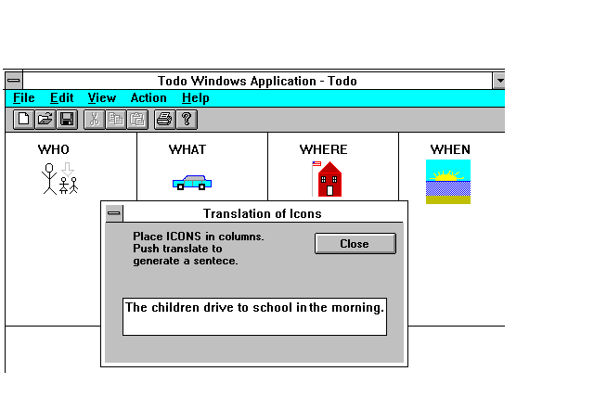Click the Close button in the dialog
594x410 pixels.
tap(355, 243)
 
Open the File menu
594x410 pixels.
tap(24, 98)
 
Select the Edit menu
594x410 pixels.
tap(62, 98)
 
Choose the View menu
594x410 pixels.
tap(102, 98)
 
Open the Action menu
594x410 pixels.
tap(148, 98)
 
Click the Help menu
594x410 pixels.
tap(196, 98)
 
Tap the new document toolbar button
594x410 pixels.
tap(23, 120)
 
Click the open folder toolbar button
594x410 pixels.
tap(45, 120)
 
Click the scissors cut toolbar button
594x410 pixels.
tap(95, 120)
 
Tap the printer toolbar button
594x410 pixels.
tap(164, 120)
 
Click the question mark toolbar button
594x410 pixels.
tap(187, 120)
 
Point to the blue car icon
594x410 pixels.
tap(192, 183)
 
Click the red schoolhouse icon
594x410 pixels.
tap(329, 179)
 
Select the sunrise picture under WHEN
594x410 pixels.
tap(448, 182)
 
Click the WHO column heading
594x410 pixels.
tap(54, 149)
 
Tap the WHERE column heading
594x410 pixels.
tap(323, 149)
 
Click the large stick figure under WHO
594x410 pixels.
tap(49, 179)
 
